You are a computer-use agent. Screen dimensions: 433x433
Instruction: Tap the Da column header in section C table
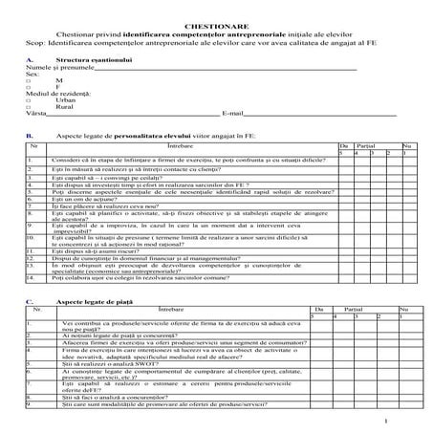[x=322, y=310]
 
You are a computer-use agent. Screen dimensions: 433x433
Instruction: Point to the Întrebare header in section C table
[x=172, y=310]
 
